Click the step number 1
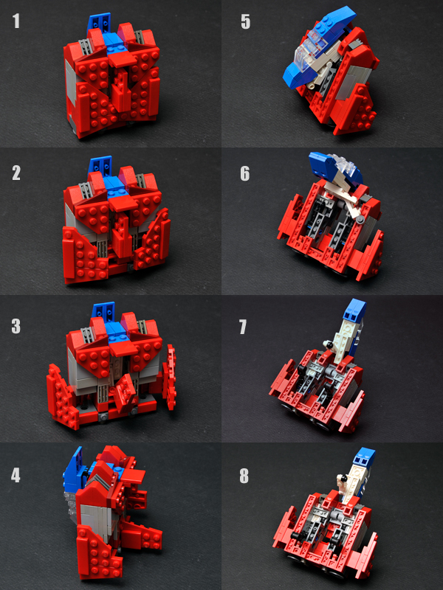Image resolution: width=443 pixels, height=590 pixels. point(16,21)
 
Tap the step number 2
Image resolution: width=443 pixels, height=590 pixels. point(16,173)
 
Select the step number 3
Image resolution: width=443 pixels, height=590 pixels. point(16,326)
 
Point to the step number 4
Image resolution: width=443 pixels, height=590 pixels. point(16,475)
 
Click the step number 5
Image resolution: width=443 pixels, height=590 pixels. point(245,22)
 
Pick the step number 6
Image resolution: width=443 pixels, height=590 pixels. point(245,173)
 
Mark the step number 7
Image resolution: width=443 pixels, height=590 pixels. point(243,327)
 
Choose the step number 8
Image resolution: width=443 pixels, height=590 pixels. point(244,476)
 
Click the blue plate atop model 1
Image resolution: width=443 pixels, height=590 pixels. point(100,23)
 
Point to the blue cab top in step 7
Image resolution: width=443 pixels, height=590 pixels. point(356,310)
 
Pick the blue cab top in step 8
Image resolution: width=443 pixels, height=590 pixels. point(365,457)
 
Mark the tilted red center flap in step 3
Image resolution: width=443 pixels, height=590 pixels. point(124,394)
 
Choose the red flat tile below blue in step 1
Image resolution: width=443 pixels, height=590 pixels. point(123,59)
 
